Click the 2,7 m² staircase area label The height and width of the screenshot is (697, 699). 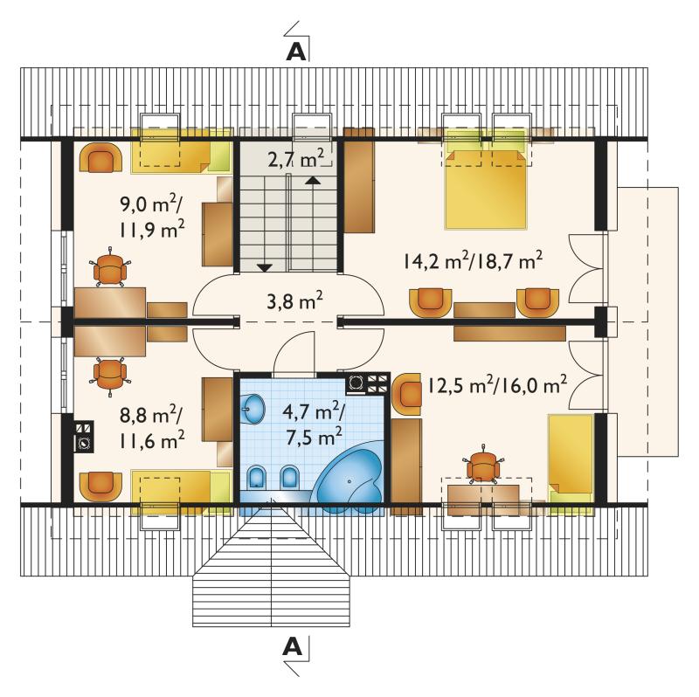(x=295, y=159)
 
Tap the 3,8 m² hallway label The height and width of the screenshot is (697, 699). (x=294, y=301)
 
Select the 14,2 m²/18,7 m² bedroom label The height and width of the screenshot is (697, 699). (x=473, y=260)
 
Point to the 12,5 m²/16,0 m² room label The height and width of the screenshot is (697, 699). (x=497, y=385)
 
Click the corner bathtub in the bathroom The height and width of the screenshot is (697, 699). (x=350, y=476)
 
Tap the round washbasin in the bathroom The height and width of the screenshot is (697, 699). (x=253, y=408)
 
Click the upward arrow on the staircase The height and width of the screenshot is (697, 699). (x=313, y=180)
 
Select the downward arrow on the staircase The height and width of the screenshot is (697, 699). (x=265, y=267)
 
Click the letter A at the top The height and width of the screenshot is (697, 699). (x=296, y=52)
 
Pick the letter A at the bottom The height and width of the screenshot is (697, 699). (x=293, y=645)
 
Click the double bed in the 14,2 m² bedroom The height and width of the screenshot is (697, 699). (x=486, y=189)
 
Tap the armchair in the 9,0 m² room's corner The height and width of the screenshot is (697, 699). (x=100, y=157)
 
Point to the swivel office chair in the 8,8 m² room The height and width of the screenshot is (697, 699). (x=110, y=376)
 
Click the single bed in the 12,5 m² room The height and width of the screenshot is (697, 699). (x=571, y=465)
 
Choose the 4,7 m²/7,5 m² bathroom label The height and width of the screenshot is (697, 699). (x=314, y=424)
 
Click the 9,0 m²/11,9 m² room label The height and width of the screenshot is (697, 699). (x=152, y=217)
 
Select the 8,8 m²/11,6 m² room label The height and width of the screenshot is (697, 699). (x=151, y=428)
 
